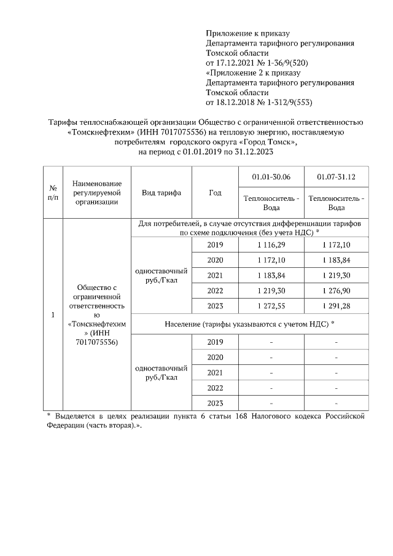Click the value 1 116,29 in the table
point(271,245)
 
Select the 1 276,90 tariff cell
point(337,290)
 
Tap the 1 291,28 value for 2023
point(337,305)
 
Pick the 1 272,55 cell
point(271,305)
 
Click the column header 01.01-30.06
point(271,178)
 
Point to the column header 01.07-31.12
point(337,178)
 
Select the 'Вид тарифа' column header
point(161,192)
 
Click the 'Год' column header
point(215,192)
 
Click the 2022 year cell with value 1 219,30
point(215,290)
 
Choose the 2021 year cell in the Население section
point(215,372)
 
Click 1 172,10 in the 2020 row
point(271,260)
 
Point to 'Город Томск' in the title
point(270,141)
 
